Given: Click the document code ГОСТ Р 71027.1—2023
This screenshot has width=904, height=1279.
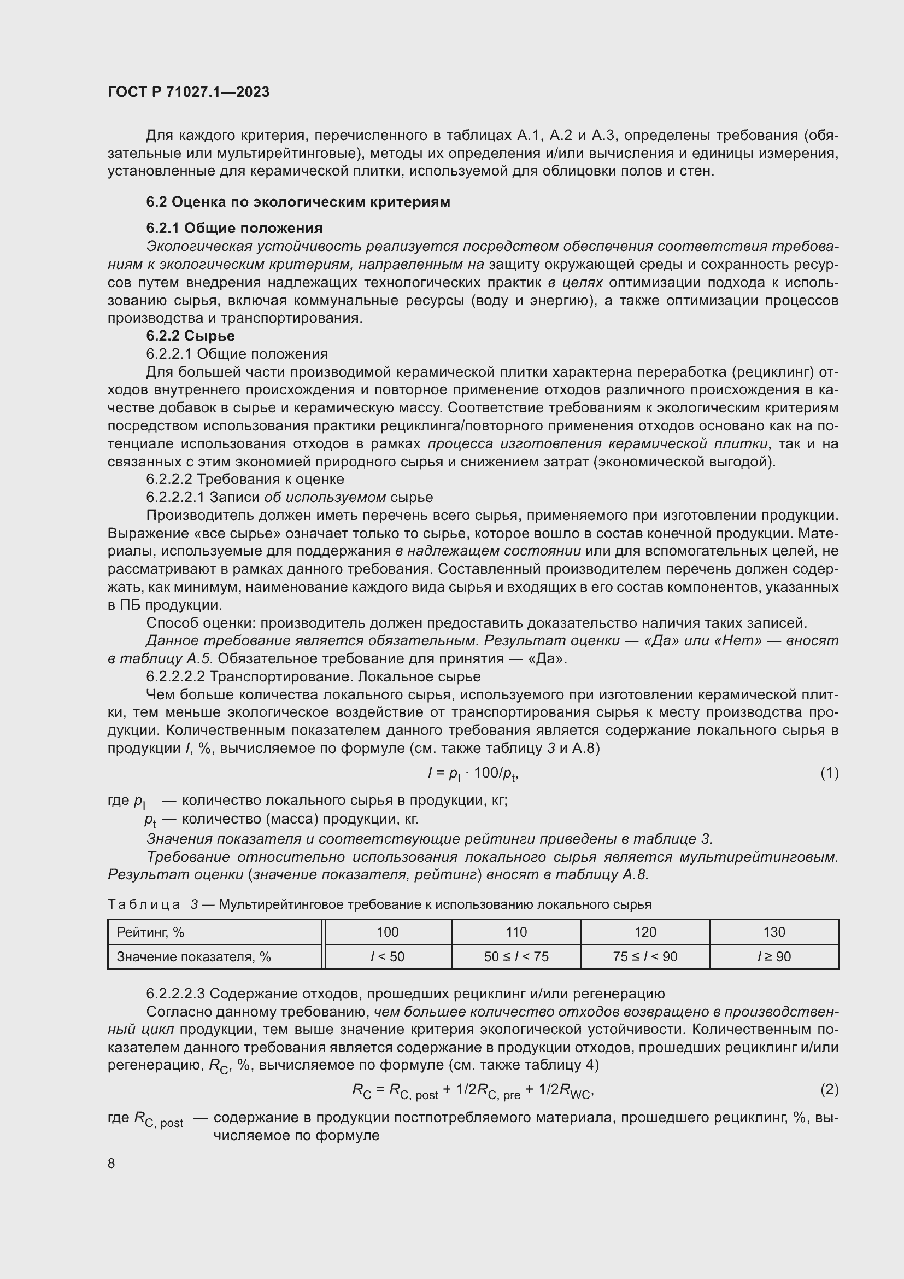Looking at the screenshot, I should [x=188, y=92].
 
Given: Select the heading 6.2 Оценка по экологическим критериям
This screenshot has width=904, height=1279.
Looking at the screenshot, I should [x=298, y=202].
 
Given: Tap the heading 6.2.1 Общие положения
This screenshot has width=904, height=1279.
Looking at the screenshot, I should [x=234, y=228].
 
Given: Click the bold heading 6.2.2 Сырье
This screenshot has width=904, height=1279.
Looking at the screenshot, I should [x=190, y=335].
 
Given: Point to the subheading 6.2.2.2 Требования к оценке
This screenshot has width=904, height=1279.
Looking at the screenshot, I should [x=245, y=479].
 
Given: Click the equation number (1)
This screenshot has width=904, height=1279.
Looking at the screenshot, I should [x=830, y=773].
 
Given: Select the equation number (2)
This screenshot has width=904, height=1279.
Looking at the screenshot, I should [x=830, y=1089].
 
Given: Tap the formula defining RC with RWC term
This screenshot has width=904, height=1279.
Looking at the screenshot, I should [x=473, y=1090].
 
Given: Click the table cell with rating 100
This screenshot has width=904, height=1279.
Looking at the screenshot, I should [x=388, y=932].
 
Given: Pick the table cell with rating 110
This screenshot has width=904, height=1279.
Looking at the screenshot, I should [x=516, y=932].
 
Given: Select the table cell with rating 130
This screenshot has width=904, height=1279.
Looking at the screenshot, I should [x=774, y=932].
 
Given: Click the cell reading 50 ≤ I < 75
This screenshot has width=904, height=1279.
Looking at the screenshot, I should [x=516, y=956].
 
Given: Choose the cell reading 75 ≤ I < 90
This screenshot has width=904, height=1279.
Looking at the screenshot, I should [x=645, y=956].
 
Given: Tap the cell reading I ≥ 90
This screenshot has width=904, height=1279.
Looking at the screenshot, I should [x=774, y=956].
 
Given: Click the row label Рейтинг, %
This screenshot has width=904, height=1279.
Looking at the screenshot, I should [x=150, y=932].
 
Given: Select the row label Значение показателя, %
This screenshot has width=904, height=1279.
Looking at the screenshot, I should [x=193, y=956].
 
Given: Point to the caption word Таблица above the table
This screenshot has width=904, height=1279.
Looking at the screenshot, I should [x=144, y=904].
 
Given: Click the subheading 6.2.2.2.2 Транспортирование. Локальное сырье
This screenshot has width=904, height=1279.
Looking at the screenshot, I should [x=313, y=676].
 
